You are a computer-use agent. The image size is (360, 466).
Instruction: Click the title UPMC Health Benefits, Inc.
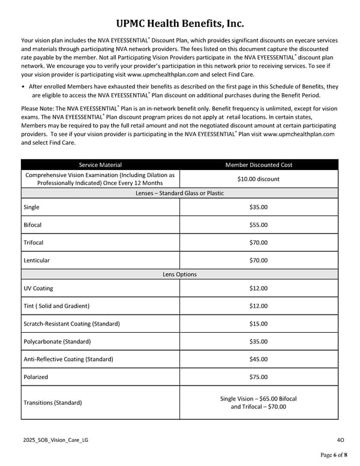[180, 24]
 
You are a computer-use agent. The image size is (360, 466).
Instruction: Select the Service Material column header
[100, 165]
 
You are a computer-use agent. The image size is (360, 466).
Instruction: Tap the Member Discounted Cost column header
[259, 165]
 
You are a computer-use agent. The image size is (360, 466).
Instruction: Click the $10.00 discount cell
[259, 179]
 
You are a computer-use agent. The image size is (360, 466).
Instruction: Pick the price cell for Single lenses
[259, 207]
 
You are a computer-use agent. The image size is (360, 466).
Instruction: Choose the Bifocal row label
[32, 225]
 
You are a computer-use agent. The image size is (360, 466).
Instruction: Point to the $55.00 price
[259, 225]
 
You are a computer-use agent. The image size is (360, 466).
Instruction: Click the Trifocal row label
[33, 243]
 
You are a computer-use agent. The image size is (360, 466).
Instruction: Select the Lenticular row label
[36, 261]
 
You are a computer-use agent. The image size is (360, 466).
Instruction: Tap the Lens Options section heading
[179, 274]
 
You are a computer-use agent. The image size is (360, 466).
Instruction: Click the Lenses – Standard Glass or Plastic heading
[179, 193]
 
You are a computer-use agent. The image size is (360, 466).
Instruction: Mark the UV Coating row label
[38, 288]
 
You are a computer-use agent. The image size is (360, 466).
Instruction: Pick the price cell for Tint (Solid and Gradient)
[259, 306]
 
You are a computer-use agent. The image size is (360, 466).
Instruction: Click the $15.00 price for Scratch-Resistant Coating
[259, 324]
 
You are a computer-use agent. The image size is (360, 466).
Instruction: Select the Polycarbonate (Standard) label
[57, 342]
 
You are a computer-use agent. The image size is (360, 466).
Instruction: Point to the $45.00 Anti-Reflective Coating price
[259, 359]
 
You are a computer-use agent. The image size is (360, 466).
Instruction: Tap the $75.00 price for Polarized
[259, 377]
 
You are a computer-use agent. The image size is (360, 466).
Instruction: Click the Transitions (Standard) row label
[52, 402]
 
